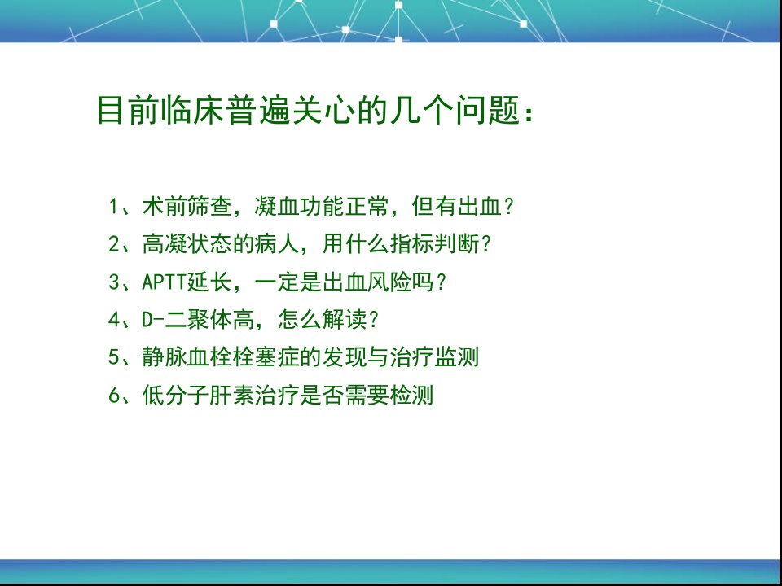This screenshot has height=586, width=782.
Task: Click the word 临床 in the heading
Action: click(x=192, y=110)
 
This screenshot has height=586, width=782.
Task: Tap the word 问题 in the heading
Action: click(x=487, y=110)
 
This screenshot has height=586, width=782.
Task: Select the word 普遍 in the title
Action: click(x=258, y=110)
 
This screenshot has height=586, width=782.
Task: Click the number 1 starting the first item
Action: click(x=113, y=206)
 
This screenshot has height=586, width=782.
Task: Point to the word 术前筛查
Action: click(x=187, y=206)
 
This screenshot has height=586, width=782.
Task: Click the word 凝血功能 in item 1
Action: click(x=299, y=206)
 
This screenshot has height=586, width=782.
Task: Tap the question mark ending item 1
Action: click(x=508, y=206)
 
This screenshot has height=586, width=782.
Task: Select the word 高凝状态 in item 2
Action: click(x=187, y=244)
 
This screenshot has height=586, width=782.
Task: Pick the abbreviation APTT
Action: click(x=164, y=282)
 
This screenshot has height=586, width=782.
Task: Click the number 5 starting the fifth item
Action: click(x=113, y=357)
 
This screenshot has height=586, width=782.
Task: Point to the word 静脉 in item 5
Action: click(x=165, y=357)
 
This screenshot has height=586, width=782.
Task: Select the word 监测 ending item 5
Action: click(x=457, y=357)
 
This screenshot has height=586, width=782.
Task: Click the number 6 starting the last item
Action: click(x=113, y=396)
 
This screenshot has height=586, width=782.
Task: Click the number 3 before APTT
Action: click(x=113, y=282)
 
